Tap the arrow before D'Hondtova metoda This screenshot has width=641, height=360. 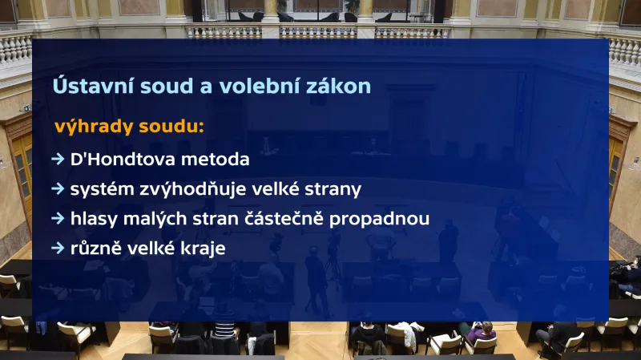58,159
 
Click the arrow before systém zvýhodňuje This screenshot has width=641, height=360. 58,189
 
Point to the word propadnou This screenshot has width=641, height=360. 389,219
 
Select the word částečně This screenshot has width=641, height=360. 302,219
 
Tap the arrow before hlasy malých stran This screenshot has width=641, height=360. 58,219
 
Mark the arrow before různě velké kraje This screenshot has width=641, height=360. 58,249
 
